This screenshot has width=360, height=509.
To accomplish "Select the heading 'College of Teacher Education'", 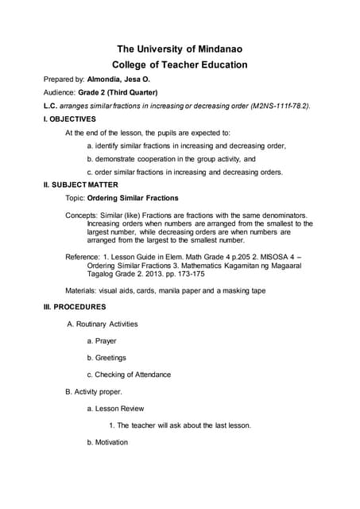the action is click(179, 65).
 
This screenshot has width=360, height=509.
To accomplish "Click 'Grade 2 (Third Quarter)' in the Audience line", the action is click(118, 92).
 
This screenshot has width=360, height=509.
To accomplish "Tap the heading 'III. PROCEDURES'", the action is click(75, 305).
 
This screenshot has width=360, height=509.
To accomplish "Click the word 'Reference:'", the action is click(83, 257).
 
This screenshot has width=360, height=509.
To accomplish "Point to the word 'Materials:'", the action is click(82, 290).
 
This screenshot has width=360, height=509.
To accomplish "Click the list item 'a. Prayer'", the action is click(101, 340).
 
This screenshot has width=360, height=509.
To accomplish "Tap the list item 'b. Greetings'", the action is click(106, 358).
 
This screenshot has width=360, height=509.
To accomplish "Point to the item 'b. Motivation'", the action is click(107, 442).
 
